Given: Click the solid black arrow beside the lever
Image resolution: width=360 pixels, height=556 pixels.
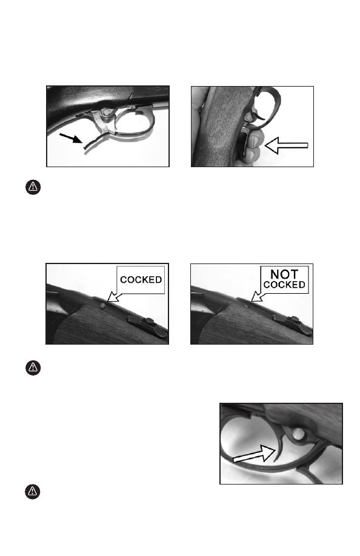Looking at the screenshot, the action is [x=71, y=138].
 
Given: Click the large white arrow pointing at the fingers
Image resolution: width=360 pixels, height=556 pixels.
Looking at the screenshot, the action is [x=286, y=145].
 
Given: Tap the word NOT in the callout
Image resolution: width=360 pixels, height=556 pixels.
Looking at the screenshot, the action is [x=284, y=274].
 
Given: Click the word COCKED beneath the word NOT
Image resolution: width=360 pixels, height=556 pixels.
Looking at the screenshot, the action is [x=284, y=285].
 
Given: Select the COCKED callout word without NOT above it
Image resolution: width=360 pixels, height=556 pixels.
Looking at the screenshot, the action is [x=141, y=280].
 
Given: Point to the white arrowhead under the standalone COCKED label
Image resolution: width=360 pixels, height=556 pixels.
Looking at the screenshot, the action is [x=113, y=296].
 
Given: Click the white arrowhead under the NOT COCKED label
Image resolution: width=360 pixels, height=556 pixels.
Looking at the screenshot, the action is [x=256, y=296].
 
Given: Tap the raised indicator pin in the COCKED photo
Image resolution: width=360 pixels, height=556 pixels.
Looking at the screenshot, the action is [x=103, y=305].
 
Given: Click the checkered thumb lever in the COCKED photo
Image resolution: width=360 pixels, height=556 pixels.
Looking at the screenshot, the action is [x=148, y=325].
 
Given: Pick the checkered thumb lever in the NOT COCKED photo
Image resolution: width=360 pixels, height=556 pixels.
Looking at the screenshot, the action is [x=292, y=325].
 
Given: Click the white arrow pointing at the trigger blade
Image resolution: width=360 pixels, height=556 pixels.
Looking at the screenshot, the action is [x=254, y=454].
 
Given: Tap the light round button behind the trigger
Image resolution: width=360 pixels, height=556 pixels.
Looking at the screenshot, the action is [x=299, y=433].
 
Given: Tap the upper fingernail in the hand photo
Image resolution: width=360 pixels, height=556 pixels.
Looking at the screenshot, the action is [x=255, y=141].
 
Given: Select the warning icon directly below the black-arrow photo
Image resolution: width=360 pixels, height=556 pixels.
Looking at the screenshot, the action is [x=33, y=187].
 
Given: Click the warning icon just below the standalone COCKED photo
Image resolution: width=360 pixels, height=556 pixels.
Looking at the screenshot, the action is [x=33, y=368].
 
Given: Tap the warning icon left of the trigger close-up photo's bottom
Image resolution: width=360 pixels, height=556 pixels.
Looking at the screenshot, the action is [x=32, y=491].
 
